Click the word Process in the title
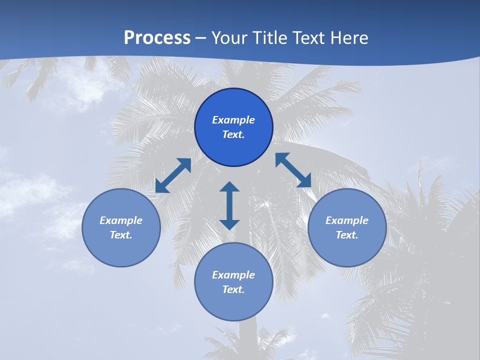(x=157, y=38)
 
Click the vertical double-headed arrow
(x=229, y=205)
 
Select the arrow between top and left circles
(x=173, y=175)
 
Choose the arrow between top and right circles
(x=293, y=170)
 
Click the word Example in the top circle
(x=233, y=120)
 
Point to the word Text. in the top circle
(x=233, y=134)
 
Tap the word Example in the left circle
(x=121, y=220)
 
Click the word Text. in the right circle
(x=347, y=235)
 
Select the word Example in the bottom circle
(x=233, y=275)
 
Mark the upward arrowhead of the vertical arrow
(x=229, y=186)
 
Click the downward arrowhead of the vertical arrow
(x=229, y=224)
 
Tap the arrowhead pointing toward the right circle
(x=304, y=181)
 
